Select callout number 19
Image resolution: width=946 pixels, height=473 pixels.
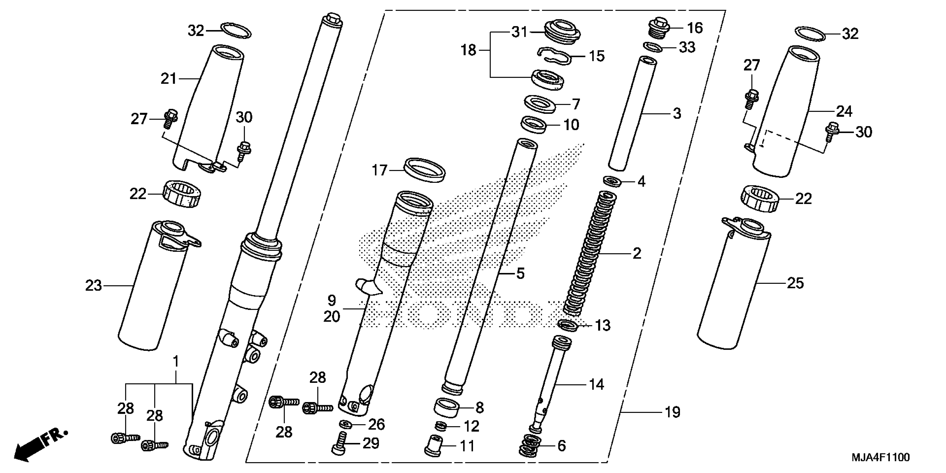point(672,412)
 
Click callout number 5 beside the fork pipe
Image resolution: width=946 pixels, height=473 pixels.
point(520,273)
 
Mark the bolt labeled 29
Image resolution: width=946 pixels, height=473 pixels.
point(340,444)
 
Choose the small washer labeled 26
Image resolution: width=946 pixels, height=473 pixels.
point(346,425)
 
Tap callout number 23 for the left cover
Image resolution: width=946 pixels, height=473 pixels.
point(93,285)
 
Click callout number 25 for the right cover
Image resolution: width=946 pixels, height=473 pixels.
point(795,283)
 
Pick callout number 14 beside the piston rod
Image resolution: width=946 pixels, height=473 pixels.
point(596,385)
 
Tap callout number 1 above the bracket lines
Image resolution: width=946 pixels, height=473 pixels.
point(176,361)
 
